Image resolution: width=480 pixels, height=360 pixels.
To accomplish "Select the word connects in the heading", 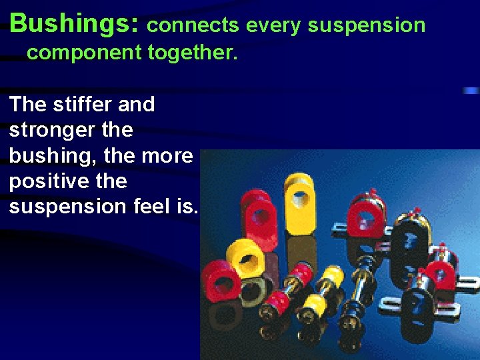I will [193, 25].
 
